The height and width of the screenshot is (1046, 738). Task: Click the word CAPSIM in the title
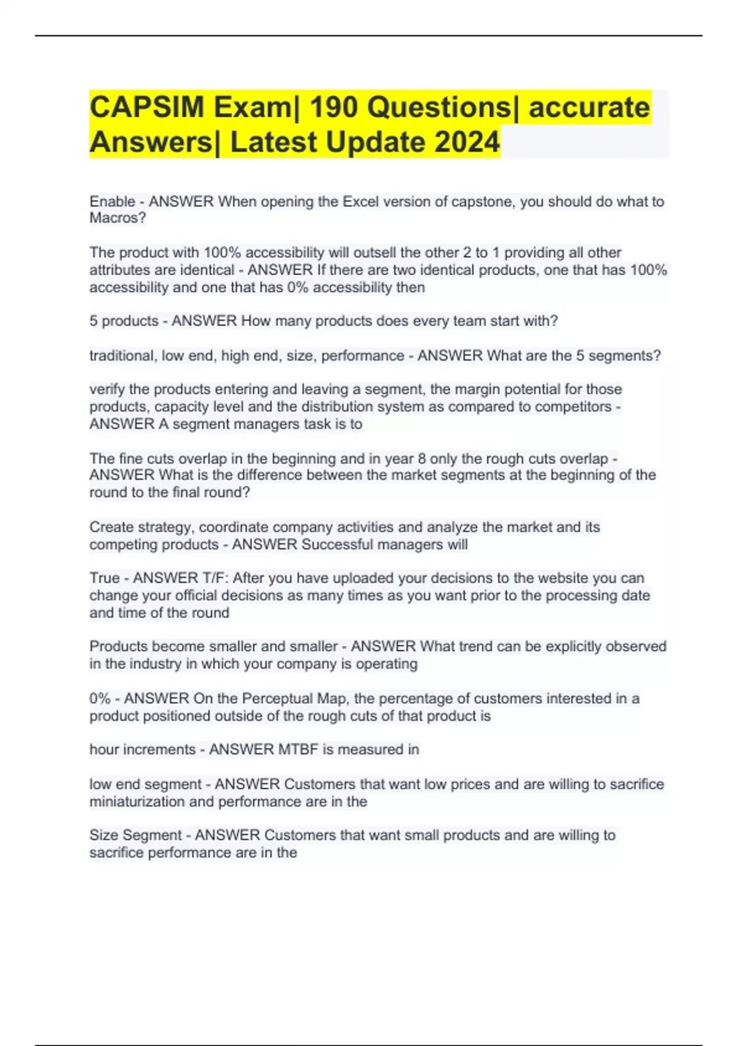point(146,108)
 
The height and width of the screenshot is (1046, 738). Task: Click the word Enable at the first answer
point(112,202)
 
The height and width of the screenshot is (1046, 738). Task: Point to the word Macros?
point(117,218)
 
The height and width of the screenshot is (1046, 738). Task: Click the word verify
point(107,389)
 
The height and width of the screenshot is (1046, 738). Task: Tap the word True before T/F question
point(105,578)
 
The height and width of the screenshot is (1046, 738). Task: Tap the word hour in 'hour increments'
point(103,750)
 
